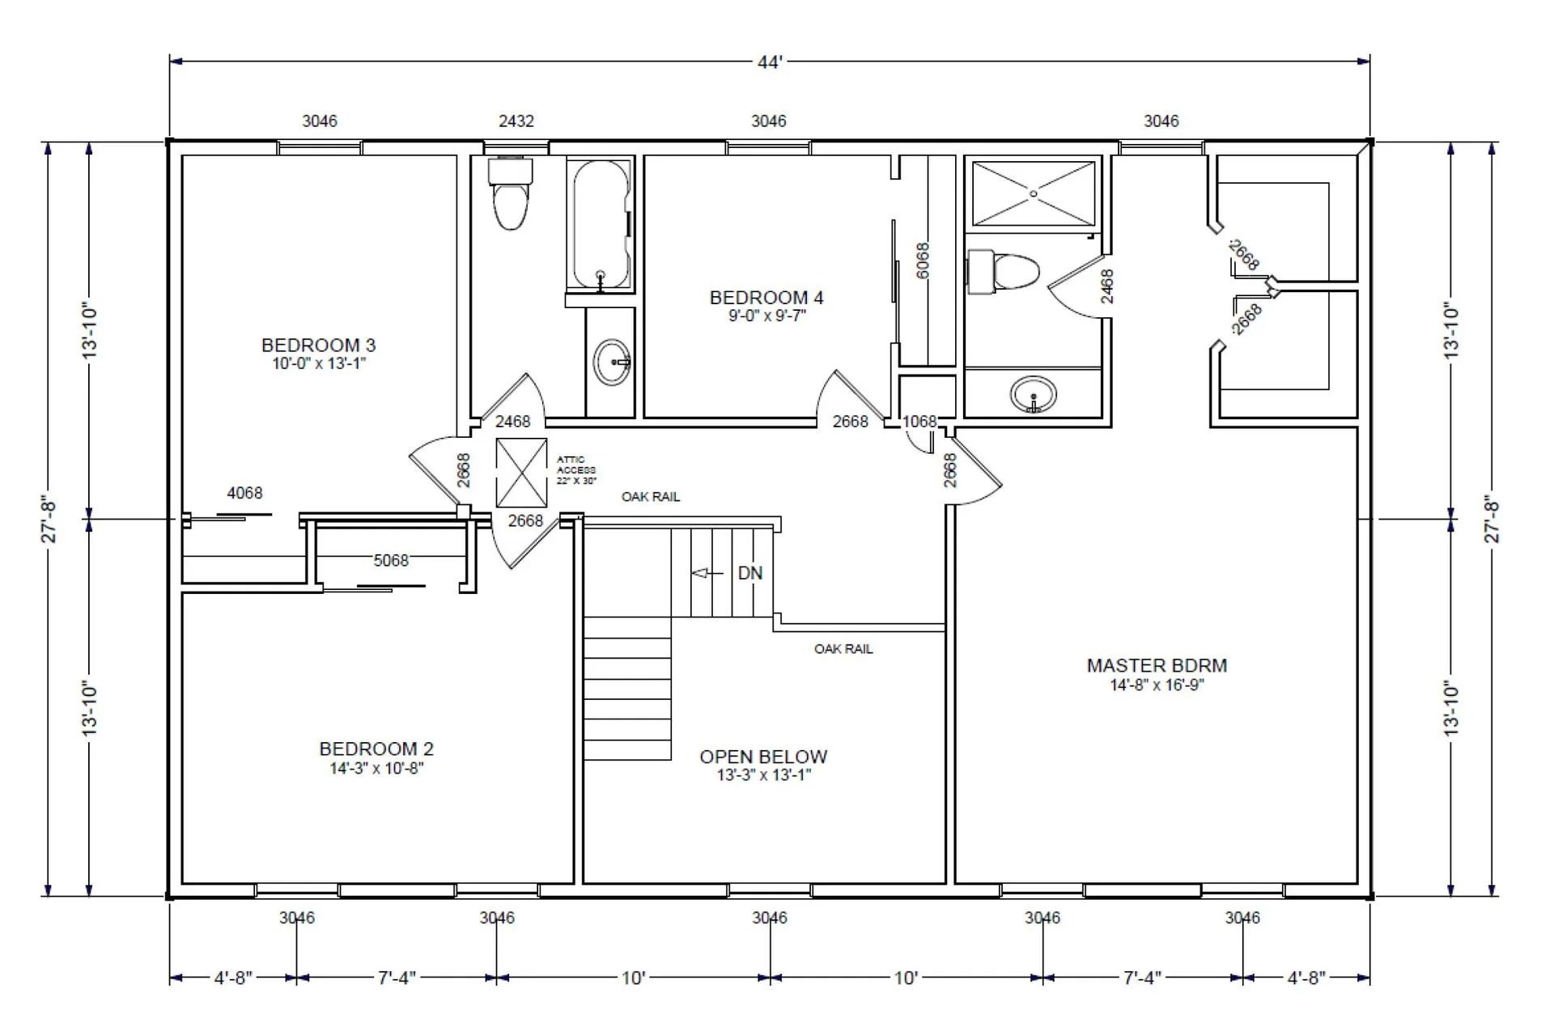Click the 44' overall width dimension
pyautogui.click(x=770, y=62)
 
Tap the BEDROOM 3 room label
pyautogui.click(x=318, y=346)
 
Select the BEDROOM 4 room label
pyautogui.click(x=766, y=298)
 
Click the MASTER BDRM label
pyautogui.click(x=1157, y=666)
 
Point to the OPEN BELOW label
pyautogui.click(x=763, y=757)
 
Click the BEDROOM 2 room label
pyautogui.click(x=376, y=749)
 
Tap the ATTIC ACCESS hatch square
pyautogui.click(x=521, y=473)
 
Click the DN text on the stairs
pyautogui.click(x=749, y=573)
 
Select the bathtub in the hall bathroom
pyautogui.click(x=601, y=223)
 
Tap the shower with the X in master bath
pyautogui.click(x=1034, y=193)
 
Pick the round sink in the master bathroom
pyautogui.click(x=1033, y=395)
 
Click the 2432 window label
pyautogui.click(x=516, y=121)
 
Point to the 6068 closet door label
pyautogui.click(x=922, y=261)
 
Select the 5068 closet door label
pyautogui.click(x=391, y=560)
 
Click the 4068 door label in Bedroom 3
pyautogui.click(x=244, y=493)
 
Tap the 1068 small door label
pyautogui.click(x=919, y=422)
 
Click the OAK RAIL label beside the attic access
pyautogui.click(x=651, y=497)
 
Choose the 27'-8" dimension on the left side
pyautogui.click(x=49, y=520)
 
